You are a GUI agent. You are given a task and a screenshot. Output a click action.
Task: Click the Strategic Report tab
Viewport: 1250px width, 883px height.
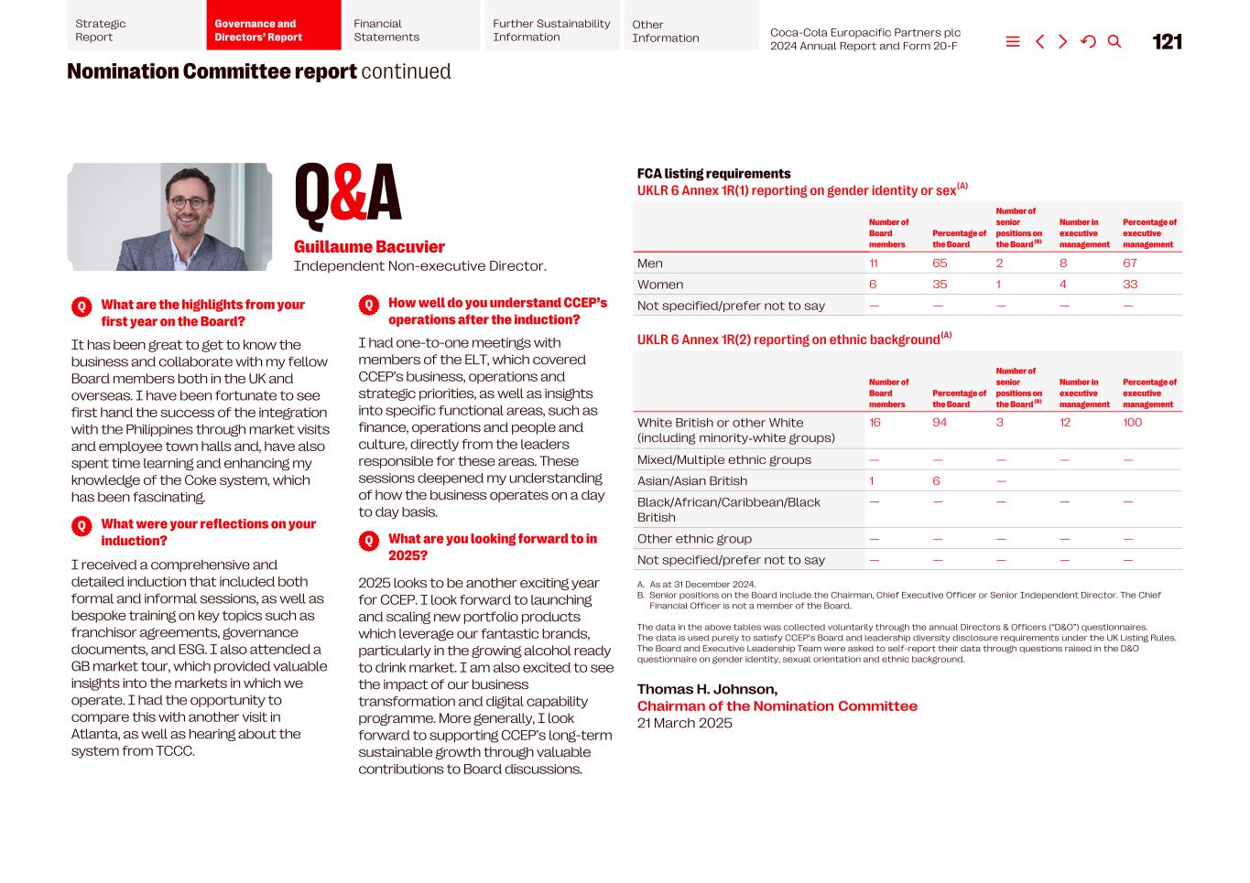click(134, 30)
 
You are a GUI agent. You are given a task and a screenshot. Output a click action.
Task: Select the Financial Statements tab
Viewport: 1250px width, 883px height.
click(410, 30)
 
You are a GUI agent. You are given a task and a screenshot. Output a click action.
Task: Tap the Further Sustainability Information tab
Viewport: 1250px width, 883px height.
click(552, 30)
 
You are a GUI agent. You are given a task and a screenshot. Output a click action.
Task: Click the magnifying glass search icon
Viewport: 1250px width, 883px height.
click(1114, 41)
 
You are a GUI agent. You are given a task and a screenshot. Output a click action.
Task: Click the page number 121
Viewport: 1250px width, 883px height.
click(1167, 42)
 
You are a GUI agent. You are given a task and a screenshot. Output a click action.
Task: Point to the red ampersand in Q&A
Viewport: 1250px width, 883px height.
click(348, 194)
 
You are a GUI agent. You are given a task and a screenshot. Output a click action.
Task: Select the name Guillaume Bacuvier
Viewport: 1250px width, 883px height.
click(369, 247)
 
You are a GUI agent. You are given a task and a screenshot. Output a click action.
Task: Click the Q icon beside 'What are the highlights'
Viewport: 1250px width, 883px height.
click(82, 307)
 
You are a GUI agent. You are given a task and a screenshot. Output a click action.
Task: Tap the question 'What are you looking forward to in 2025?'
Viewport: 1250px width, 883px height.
click(492, 547)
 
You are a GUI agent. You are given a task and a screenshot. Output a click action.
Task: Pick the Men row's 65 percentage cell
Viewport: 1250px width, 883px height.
click(940, 264)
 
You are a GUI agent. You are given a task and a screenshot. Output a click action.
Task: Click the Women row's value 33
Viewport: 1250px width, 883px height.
click(1130, 285)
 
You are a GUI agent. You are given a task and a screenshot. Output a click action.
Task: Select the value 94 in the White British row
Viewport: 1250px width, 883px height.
click(940, 423)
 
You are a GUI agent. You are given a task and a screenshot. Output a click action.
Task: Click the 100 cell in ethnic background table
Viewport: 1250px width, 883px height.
click(1133, 423)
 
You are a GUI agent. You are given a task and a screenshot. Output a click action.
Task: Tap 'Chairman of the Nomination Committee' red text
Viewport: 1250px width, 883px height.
click(777, 706)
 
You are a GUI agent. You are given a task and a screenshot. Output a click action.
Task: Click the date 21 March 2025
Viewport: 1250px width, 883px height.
click(684, 723)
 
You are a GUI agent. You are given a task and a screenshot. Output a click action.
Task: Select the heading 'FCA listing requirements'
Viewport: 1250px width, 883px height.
click(713, 174)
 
